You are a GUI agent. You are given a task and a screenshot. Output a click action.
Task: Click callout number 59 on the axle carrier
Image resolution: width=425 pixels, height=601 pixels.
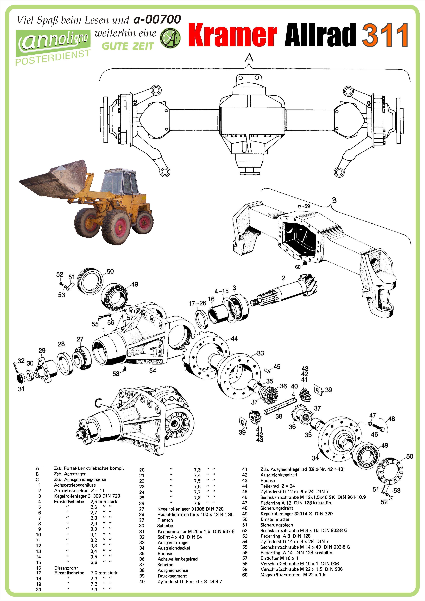[x=307, y=206]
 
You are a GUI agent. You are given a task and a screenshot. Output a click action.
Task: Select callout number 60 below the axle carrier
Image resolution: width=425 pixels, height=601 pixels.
[x=298, y=267]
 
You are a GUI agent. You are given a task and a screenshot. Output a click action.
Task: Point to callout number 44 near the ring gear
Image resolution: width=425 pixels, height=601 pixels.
[x=234, y=339]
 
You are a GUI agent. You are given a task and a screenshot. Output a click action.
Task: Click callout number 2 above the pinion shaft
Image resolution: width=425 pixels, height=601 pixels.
[x=284, y=278]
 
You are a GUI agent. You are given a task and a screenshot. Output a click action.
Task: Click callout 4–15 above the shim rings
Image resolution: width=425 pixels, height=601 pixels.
[x=222, y=291]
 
